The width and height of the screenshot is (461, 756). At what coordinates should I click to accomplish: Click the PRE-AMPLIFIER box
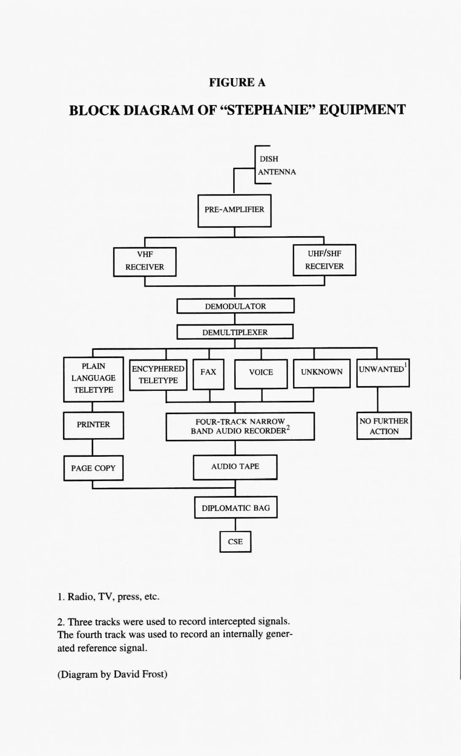[235, 210]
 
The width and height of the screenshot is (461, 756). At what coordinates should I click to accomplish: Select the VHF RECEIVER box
[145, 262]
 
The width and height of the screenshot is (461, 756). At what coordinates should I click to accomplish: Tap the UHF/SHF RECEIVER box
[325, 260]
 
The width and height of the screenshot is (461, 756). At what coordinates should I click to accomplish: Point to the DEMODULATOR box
[235, 306]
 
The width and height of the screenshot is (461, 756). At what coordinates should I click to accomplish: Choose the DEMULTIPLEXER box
[235, 332]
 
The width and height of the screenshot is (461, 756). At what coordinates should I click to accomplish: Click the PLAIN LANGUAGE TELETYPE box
[93, 379]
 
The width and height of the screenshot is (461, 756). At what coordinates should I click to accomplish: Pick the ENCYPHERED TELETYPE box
[158, 375]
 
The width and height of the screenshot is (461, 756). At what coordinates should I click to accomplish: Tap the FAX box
[208, 374]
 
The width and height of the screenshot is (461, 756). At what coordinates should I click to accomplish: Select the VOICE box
[261, 374]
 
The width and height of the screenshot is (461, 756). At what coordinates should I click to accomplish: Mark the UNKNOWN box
[322, 373]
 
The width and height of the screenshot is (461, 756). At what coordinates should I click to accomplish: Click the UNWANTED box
[383, 372]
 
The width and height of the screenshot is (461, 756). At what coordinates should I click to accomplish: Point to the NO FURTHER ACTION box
[384, 426]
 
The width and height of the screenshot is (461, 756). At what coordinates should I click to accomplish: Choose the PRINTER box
[93, 425]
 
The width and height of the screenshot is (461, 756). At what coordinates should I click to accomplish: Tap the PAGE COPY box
[93, 468]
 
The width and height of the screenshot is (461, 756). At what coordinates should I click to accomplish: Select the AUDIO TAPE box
[235, 467]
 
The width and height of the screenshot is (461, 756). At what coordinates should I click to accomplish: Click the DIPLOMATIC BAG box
[235, 507]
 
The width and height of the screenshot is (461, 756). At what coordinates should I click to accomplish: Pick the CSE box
[235, 541]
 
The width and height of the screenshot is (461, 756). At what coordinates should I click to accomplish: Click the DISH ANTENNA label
[276, 165]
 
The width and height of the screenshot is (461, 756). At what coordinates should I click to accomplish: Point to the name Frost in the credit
[154, 674]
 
